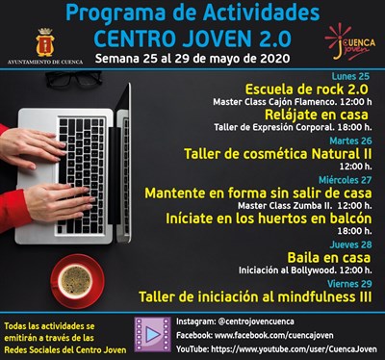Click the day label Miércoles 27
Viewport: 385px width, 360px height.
(x=346, y=180)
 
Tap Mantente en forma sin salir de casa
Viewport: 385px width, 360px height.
(x=258, y=193)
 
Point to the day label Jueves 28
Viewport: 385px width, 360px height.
(x=351, y=244)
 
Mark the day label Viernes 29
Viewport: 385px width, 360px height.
(x=349, y=284)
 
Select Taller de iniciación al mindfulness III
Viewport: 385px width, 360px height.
(x=255, y=297)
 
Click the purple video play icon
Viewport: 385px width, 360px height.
(x=151, y=334)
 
